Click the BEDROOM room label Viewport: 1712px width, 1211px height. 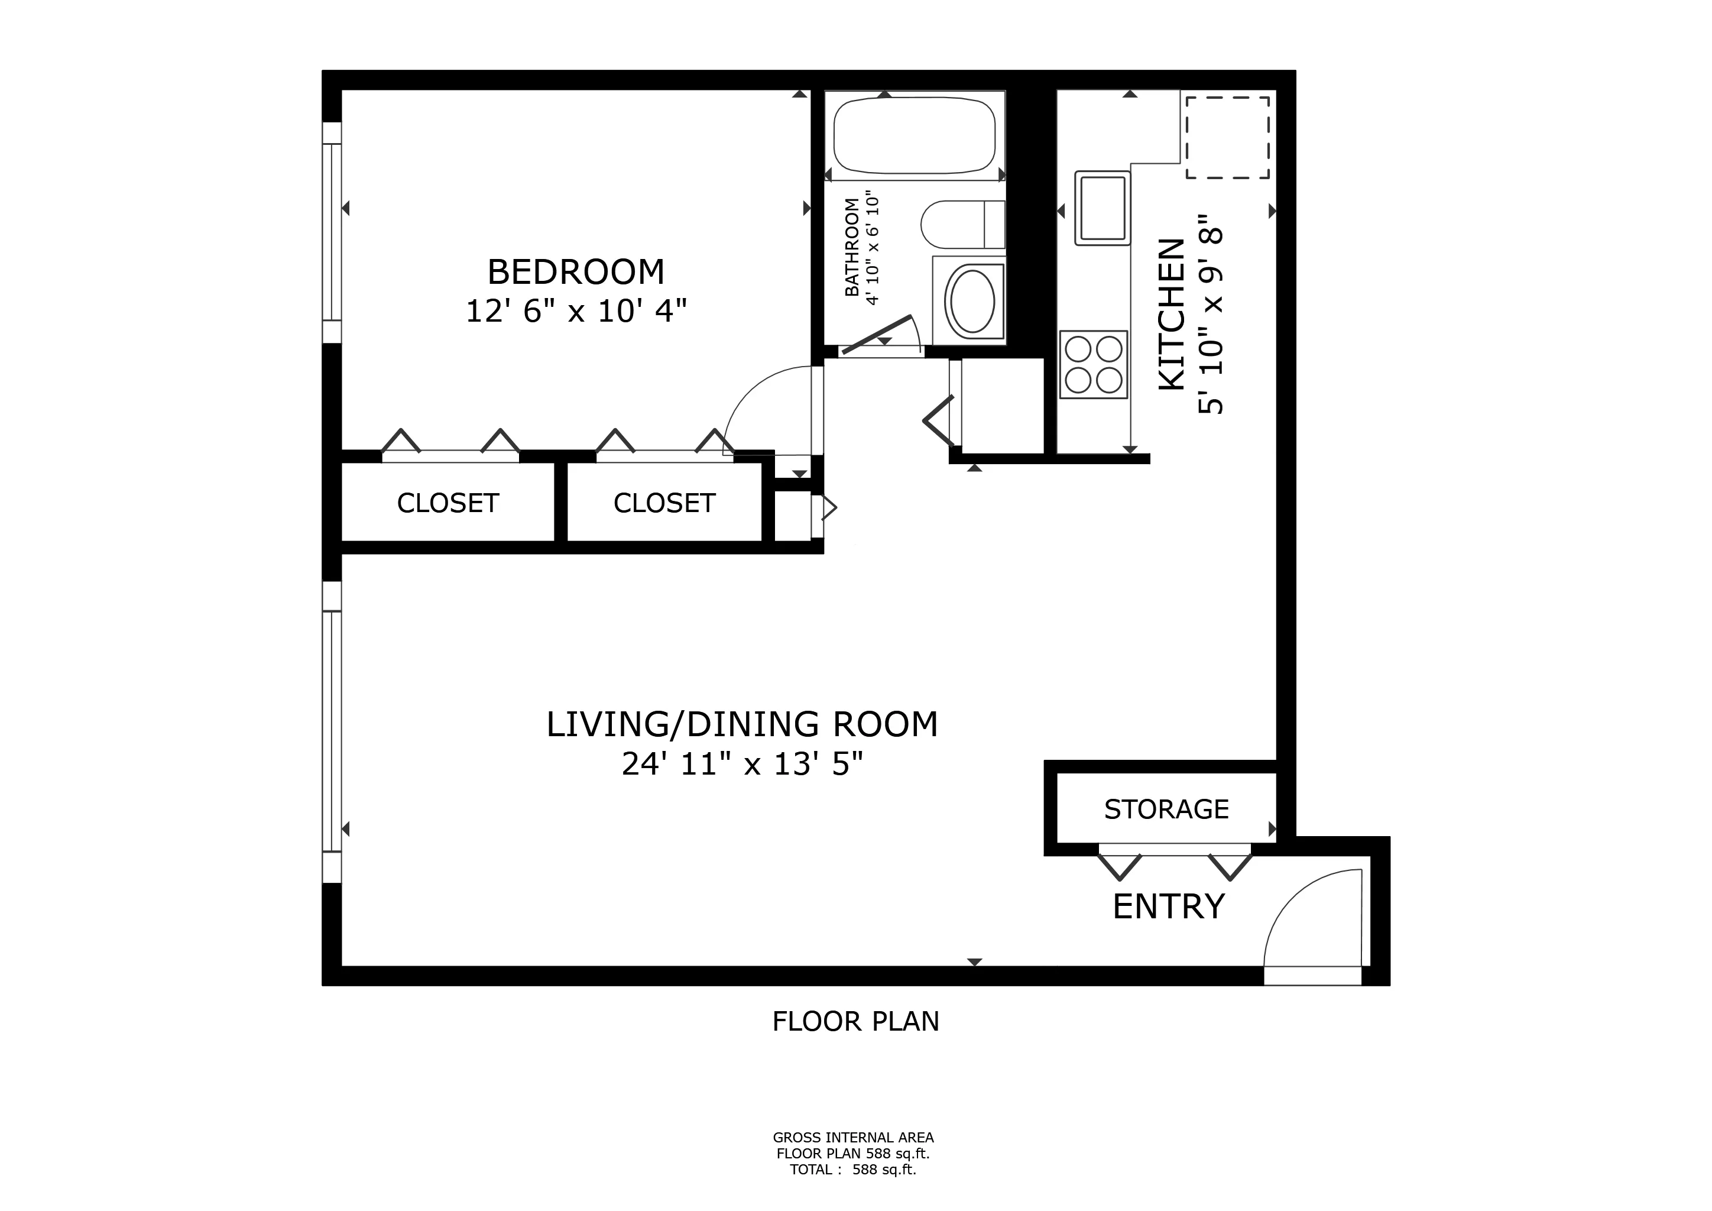pyautogui.click(x=576, y=272)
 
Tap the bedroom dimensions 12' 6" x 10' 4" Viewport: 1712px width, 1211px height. pyautogui.click(x=576, y=311)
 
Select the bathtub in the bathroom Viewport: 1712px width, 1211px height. pyautogui.click(x=914, y=137)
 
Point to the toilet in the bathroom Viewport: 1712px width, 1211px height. pyautogui.click(x=962, y=225)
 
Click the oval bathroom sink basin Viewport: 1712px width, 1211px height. pyautogui.click(x=970, y=301)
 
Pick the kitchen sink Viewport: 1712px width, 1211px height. pyautogui.click(x=1102, y=208)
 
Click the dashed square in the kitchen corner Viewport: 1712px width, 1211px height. pyautogui.click(x=1227, y=137)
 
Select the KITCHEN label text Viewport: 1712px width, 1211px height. pyautogui.click(x=1172, y=314)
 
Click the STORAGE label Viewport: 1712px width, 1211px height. pyautogui.click(x=1166, y=809)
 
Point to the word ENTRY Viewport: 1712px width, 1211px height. pyautogui.click(x=1168, y=906)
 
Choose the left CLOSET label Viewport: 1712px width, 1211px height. pyautogui.click(x=448, y=503)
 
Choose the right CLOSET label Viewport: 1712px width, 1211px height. pyautogui.click(x=664, y=503)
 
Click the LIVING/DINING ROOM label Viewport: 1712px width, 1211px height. pyautogui.click(x=742, y=725)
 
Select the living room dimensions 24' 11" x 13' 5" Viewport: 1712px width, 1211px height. pyautogui.click(x=742, y=765)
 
